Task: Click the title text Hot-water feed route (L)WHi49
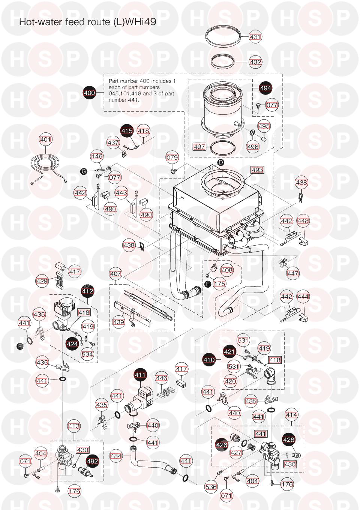[87, 22]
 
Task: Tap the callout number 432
[255, 62]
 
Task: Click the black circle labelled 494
[265, 88]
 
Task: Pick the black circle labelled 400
[89, 93]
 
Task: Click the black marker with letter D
[220, 162]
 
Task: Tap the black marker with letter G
[84, 171]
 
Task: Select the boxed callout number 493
[257, 170]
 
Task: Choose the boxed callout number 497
[199, 146]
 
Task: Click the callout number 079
[172, 157]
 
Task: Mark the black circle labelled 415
[127, 131]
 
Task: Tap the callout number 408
[226, 270]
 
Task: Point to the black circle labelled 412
[88, 291]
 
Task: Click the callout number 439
[119, 322]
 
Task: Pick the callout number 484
[116, 456]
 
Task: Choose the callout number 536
[211, 487]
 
